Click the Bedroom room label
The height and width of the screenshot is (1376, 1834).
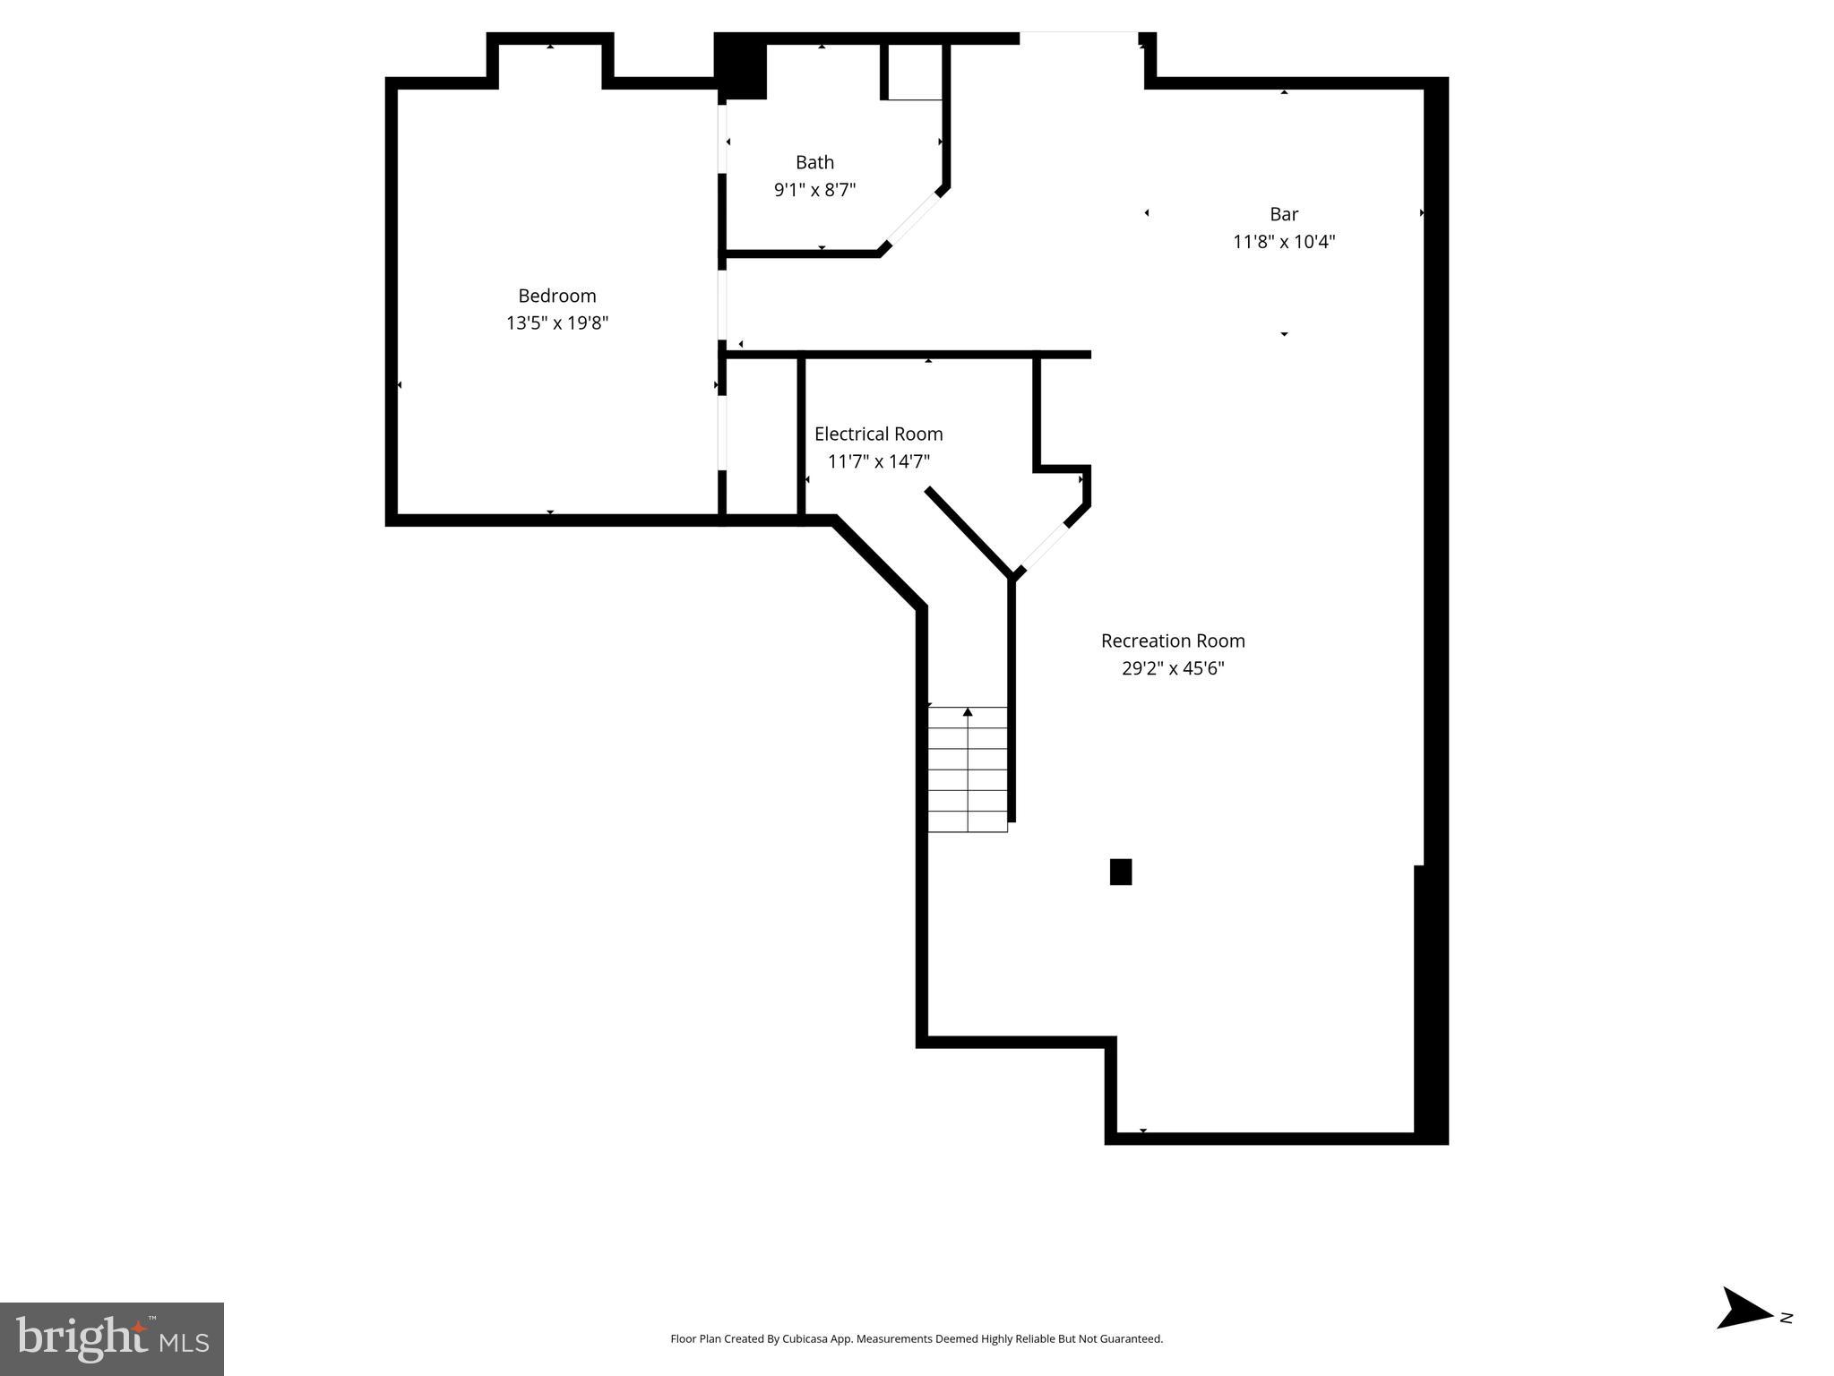coord(556,296)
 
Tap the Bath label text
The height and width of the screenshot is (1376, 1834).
coord(814,162)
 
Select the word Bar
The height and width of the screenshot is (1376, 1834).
coord(1283,214)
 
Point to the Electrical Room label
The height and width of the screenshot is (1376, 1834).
coord(878,434)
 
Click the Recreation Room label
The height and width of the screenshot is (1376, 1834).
coord(1172,641)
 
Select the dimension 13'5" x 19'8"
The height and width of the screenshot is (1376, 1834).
coord(556,323)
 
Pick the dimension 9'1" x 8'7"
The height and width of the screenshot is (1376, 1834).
coord(814,190)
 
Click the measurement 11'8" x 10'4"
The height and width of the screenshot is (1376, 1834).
coord(1283,242)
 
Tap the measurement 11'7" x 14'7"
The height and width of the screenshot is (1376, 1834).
coord(878,462)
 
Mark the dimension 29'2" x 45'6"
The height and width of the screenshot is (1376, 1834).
coord(1172,668)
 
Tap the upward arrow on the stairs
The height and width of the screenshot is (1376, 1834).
coord(968,712)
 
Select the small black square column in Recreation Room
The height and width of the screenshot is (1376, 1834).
coord(1120,872)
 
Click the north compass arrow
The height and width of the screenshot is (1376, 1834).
coord(1742,1333)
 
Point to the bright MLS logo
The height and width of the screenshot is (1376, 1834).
coord(112,1338)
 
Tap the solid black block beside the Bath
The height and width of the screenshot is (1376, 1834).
coord(741,66)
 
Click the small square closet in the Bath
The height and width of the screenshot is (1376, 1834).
coord(914,71)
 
